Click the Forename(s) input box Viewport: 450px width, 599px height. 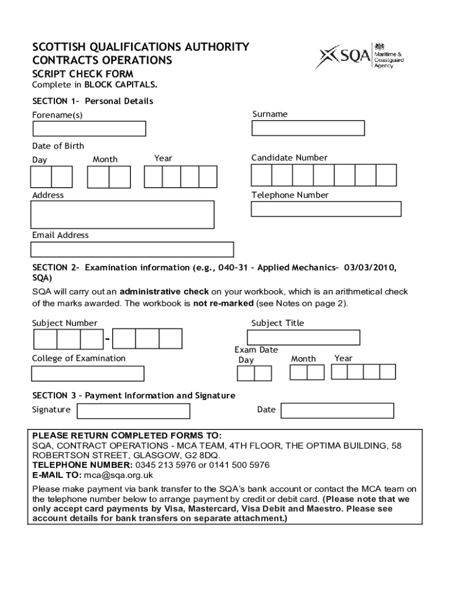pyautogui.click(x=88, y=129)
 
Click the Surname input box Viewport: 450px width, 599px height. pyautogui.click(x=307, y=128)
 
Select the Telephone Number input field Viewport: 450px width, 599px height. pyautogui.click(x=326, y=209)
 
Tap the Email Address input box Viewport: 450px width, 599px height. pyautogui.click(x=132, y=250)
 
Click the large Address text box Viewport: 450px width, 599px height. pyautogui.click(x=123, y=214)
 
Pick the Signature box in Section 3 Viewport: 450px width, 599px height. pyautogui.click(x=133, y=411)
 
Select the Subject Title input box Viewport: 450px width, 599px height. pyautogui.click(x=303, y=338)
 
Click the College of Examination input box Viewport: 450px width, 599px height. pyautogui.click(x=88, y=373)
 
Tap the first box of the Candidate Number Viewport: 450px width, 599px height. pyautogui.click(x=261, y=175)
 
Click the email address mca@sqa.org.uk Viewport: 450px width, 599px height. pyautogui.click(x=118, y=476)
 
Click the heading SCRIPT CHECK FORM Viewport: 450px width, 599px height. pyautogui.click(x=82, y=74)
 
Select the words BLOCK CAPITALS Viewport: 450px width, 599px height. pyautogui.click(x=121, y=85)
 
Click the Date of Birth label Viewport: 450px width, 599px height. pyautogui.click(x=58, y=146)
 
